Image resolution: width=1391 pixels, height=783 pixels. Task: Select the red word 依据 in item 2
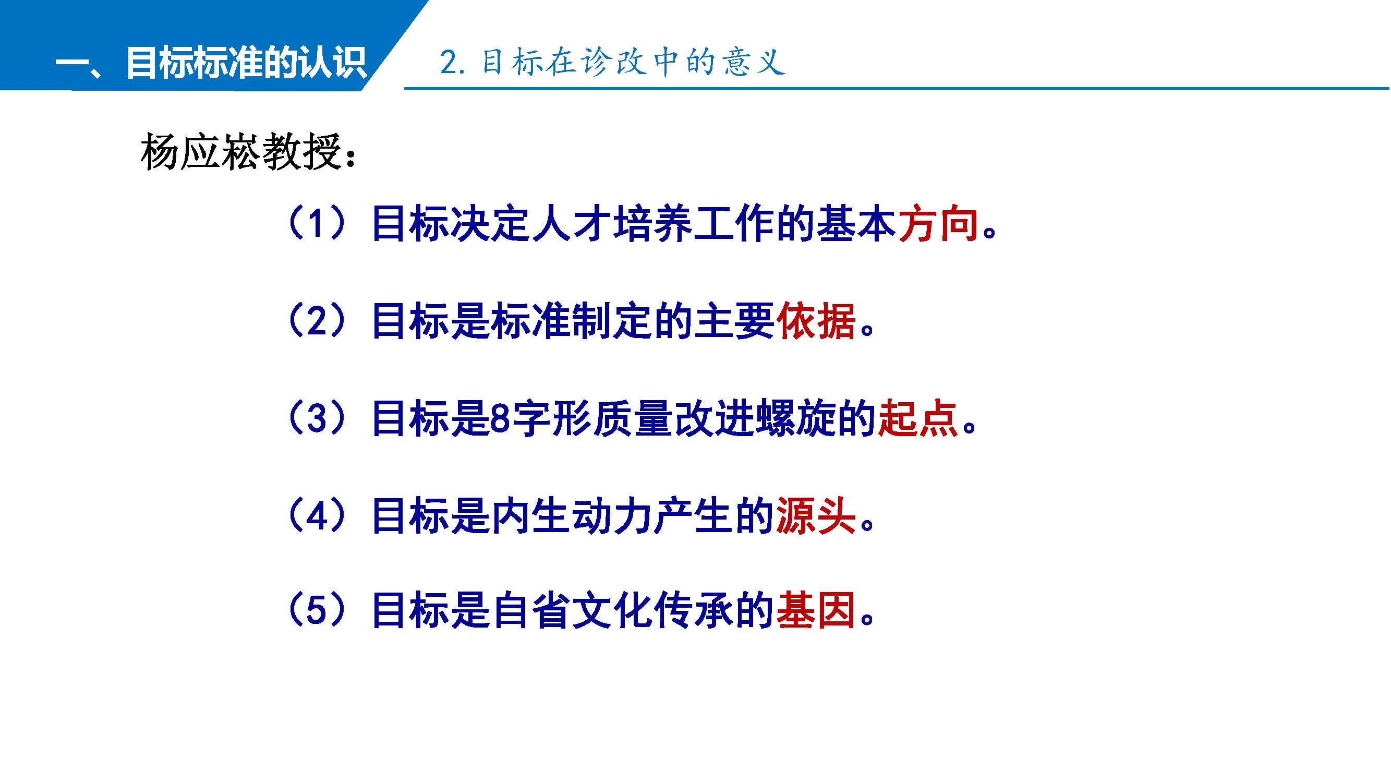pos(816,321)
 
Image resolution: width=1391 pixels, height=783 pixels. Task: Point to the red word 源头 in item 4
pos(816,516)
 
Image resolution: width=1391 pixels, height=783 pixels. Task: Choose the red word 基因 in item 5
pos(816,611)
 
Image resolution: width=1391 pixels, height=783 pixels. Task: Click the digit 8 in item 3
pos(501,419)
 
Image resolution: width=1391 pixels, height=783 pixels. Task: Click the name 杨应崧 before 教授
pos(201,152)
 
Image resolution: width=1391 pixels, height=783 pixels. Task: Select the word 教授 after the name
pos(303,152)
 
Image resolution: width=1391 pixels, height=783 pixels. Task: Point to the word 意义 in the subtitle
pos(754,62)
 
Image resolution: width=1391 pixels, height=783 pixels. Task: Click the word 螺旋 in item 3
pos(796,418)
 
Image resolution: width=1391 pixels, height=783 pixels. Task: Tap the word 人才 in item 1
pos(572,224)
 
